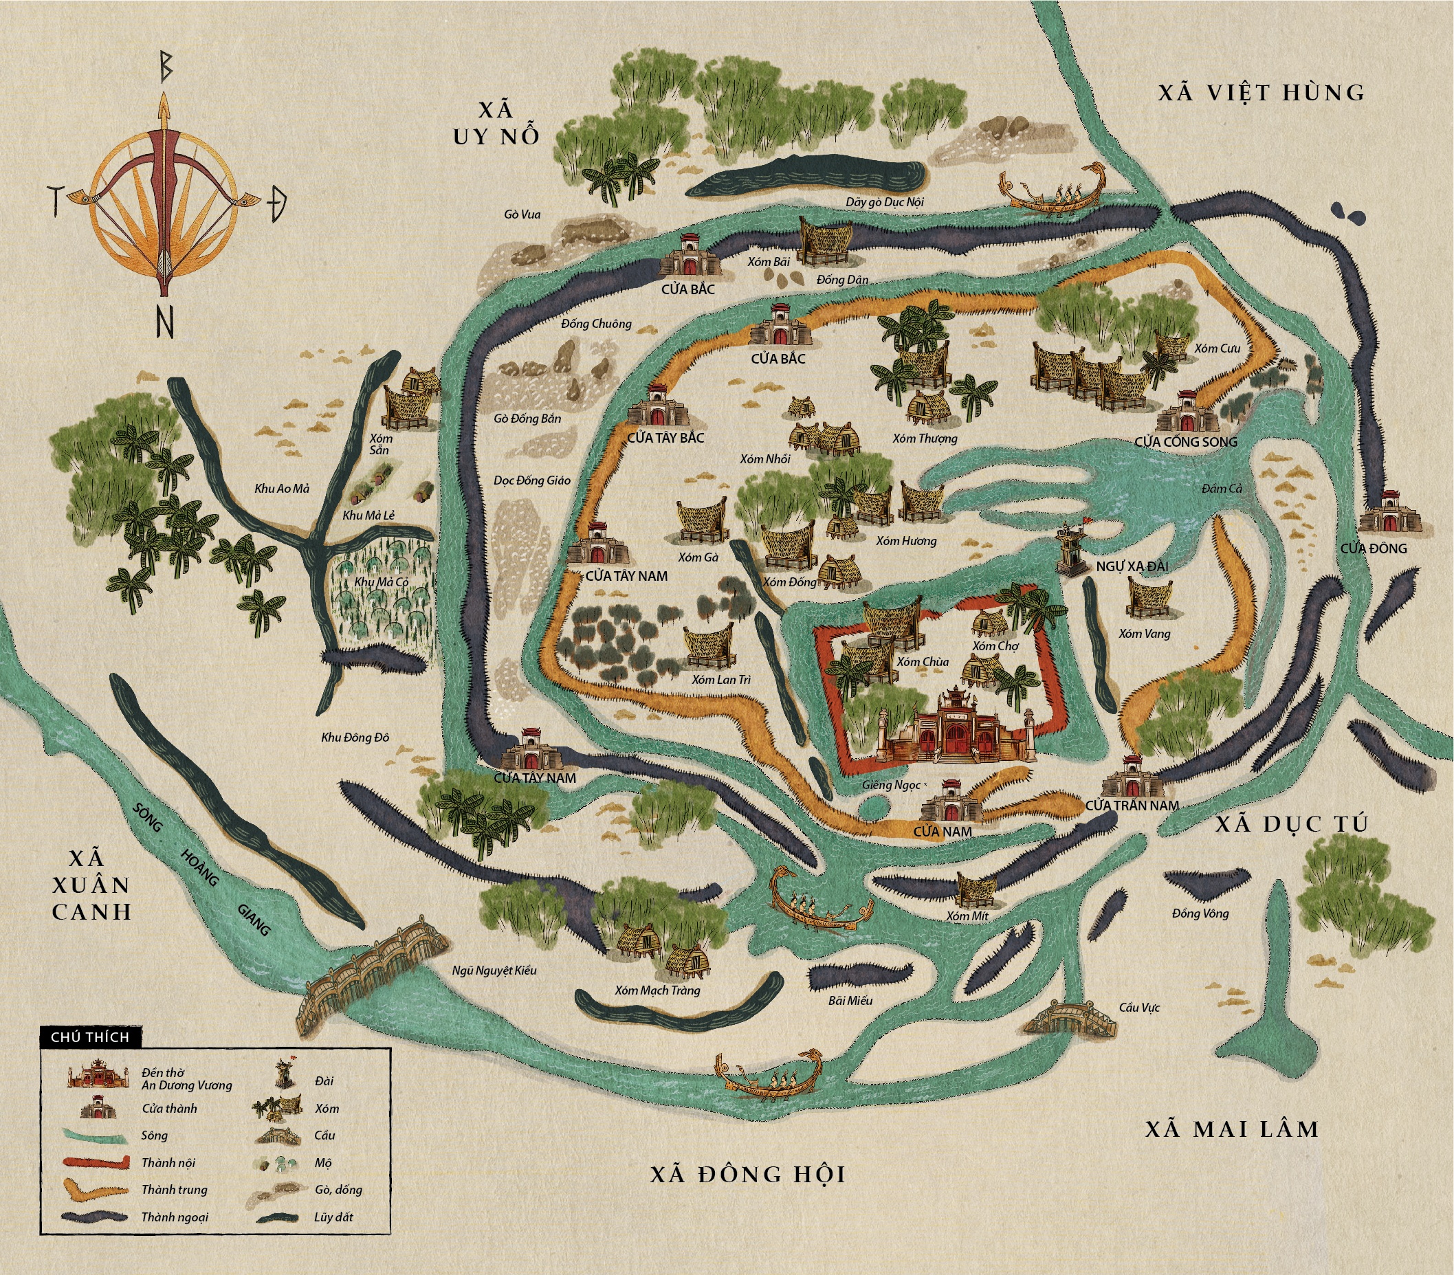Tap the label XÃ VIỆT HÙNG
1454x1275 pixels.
(x=1262, y=93)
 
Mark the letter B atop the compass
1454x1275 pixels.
(x=165, y=67)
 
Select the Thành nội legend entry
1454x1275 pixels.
(x=168, y=1163)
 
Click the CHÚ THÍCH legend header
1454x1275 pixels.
(x=90, y=1036)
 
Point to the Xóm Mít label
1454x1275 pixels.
(x=967, y=917)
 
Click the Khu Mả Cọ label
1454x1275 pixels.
(x=382, y=581)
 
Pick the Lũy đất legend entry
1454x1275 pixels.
(x=333, y=1217)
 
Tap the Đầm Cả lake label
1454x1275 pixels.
(x=1222, y=489)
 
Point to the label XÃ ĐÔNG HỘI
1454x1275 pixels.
(x=748, y=1174)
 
